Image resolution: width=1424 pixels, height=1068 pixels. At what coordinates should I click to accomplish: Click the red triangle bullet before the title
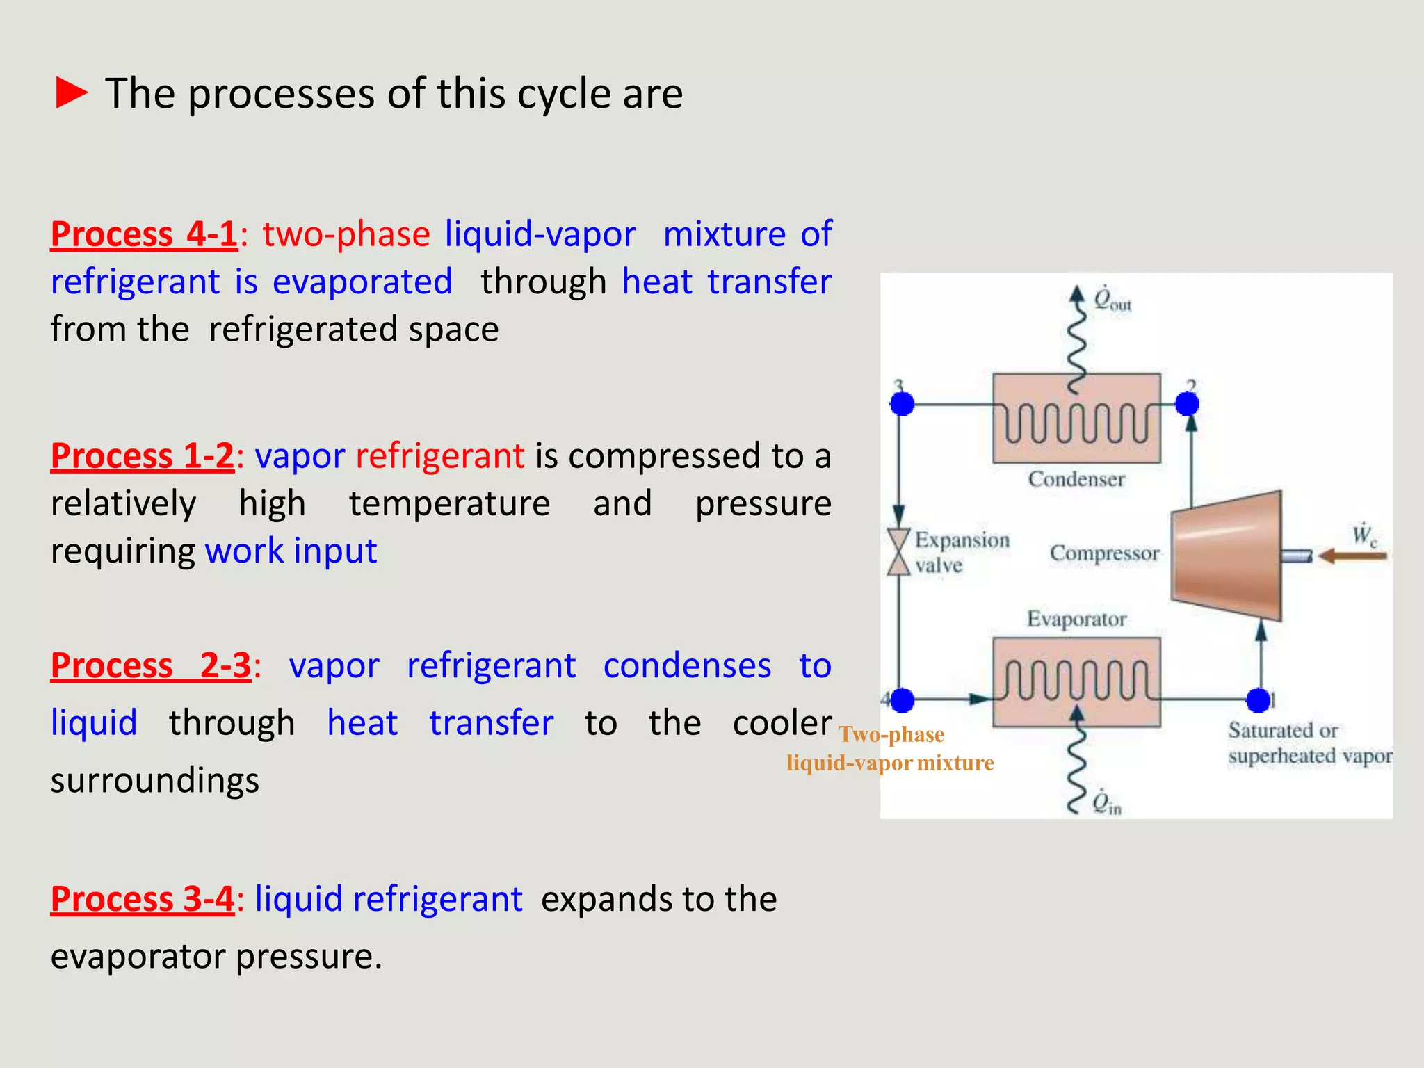coord(71,93)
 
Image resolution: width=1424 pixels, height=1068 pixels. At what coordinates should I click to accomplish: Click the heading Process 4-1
coord(144,234)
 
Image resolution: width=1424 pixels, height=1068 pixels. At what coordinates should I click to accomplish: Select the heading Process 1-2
coord(143,456)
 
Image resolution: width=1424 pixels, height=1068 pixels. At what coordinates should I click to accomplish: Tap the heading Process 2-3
coord(150,665)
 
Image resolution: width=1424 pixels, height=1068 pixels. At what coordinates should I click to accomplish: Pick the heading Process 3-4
coord(143,898)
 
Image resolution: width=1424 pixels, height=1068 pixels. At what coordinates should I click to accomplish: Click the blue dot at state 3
coord(902,403)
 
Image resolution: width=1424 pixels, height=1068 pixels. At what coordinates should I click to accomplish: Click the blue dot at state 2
coord(1187,403)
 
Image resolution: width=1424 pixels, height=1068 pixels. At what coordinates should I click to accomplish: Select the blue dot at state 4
coord(902,700)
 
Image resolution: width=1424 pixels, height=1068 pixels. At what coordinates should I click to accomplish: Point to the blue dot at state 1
coord(1258,700)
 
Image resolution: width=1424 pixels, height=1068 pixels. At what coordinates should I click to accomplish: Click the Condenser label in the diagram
coord(1076,479)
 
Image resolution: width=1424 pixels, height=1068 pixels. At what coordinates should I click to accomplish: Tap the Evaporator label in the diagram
coord(1076,619)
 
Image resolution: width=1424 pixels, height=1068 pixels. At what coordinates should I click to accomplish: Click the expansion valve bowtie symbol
coord(898,552)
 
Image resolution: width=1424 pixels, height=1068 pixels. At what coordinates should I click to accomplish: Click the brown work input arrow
coord(1352,556)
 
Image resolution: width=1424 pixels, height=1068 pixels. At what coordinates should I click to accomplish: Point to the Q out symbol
coord(1112,300)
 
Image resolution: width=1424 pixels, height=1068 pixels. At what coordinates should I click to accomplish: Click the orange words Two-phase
coord(891,734)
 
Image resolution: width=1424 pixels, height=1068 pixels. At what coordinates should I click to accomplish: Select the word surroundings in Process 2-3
coord(154,780)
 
